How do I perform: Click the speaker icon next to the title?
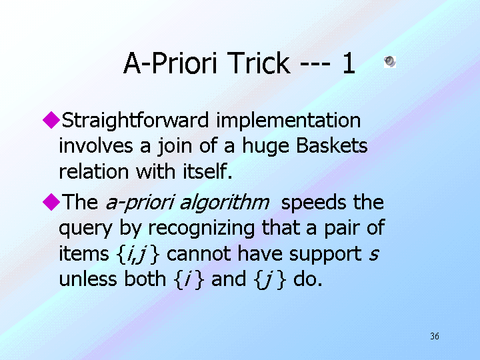[390, 61]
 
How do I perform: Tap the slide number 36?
[435, 336]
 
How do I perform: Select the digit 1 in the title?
[349, 63]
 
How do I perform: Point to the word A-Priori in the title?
[171, 63]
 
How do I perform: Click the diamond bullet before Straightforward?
[51, 120]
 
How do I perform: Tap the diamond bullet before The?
[51, 202]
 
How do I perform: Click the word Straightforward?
[135, 121]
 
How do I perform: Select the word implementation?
[289, 121]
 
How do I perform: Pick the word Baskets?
[332, 145]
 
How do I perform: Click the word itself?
[207, 171]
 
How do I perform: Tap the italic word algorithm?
[225, 203]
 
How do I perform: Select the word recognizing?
[201, 229]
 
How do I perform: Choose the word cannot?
[199, 254]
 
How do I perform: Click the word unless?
[88, 279]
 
